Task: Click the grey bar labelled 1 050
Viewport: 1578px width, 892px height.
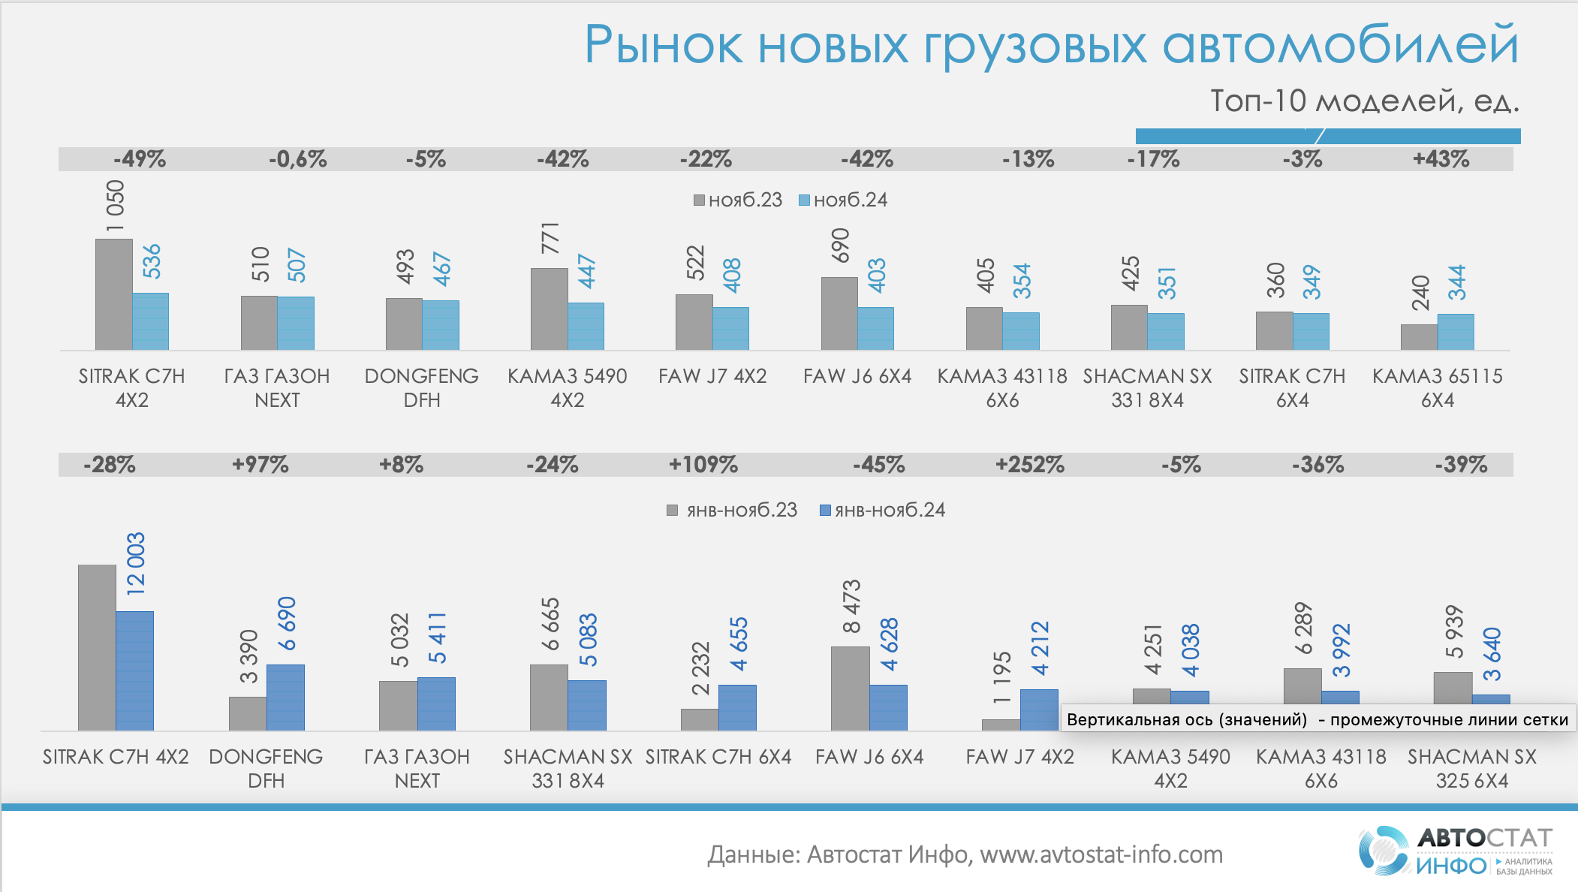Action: point(113,294)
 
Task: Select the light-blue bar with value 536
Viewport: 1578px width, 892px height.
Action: point(150,321)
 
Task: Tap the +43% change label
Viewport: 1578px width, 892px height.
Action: point(1441,159)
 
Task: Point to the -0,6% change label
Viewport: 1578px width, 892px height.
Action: point(297,159)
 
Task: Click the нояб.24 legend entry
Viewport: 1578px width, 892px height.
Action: point(843,200)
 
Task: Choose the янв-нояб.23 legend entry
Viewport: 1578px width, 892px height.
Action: point(733,511)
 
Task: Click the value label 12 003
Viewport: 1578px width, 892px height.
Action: point(136,564)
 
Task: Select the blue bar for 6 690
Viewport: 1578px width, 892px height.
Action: point(285,697)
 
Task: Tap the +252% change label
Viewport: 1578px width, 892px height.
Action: point(1029,465)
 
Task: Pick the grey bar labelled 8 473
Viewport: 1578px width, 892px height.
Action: point(850,688)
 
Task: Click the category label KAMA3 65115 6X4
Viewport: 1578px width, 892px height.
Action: point(1437,387)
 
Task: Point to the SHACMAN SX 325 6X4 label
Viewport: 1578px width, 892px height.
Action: point(1471,768)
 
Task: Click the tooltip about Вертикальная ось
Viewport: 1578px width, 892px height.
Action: point(1317,719)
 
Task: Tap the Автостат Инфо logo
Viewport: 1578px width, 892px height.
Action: point(1455,851)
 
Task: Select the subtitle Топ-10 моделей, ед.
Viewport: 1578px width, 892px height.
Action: point(1364,101)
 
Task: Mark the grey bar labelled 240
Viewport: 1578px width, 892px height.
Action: point(1419,337)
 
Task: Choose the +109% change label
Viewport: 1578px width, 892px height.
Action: point(703,465)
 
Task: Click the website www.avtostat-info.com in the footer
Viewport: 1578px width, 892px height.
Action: point(1101,854)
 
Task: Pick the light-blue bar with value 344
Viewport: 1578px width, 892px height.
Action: point(1456,332)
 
